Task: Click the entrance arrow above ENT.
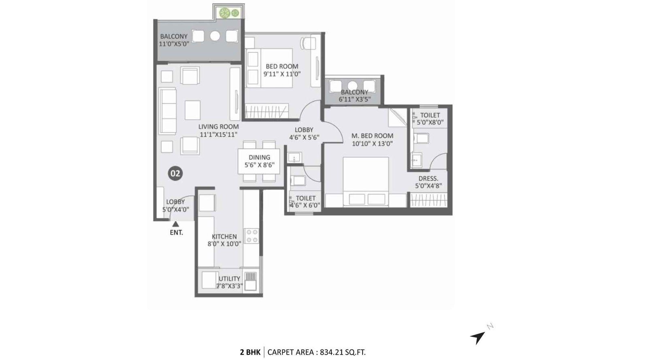click(175, 224)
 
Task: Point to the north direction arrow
click(478, 337)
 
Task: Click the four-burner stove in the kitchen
click(252, 236)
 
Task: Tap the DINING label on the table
click(259, 158)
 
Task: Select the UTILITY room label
click(229, 279)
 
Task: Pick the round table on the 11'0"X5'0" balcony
click(215, 36)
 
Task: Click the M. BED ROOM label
click(372, 136)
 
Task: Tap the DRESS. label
click(428, 179)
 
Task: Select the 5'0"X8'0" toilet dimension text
click(430, 122)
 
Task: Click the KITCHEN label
click(224, 236)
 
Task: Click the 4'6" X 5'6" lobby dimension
click(304, 137)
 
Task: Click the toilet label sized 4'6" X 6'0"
click(306, 198)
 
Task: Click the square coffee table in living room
click(193, 110)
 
